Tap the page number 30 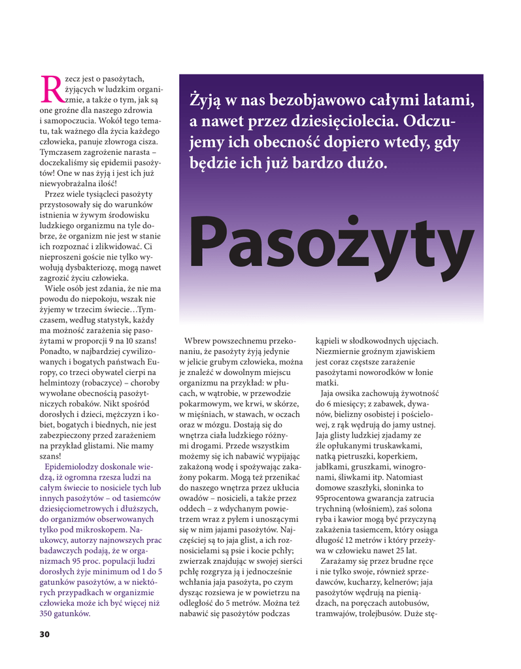(x=44, y=634)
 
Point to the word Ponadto (x=54, y=351)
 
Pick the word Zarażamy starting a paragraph (x=343, y=561)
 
